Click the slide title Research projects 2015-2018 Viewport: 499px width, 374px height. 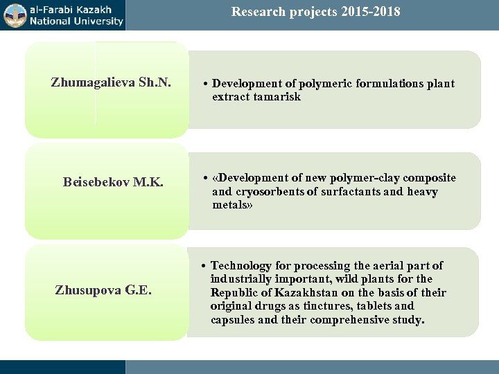(x=315, y=12)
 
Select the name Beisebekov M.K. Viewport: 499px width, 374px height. (x=113, y=182)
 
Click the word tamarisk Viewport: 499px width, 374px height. (x=276, y=97)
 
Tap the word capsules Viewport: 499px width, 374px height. (x=234, y=320)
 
